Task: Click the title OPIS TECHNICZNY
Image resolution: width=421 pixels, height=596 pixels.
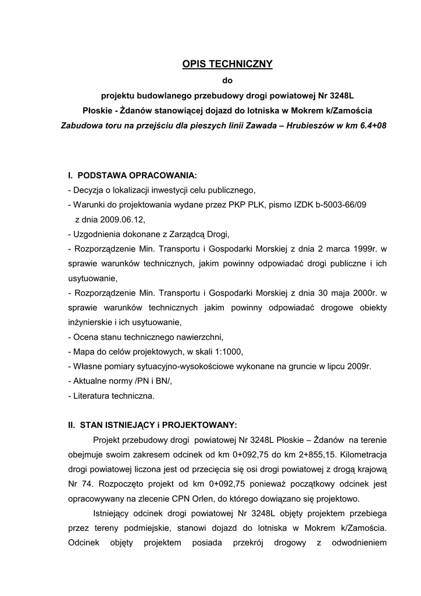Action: pos(227,65)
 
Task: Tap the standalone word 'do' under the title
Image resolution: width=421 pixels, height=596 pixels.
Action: pos(227,80)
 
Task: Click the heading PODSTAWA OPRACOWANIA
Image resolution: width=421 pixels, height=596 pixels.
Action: pos(137,175)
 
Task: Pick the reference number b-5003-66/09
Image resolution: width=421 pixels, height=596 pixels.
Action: pos(338,205)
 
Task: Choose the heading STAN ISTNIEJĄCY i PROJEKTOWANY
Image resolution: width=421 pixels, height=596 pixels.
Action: pos(158,425)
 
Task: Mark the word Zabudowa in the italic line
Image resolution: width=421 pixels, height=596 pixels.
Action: pos(82,125)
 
